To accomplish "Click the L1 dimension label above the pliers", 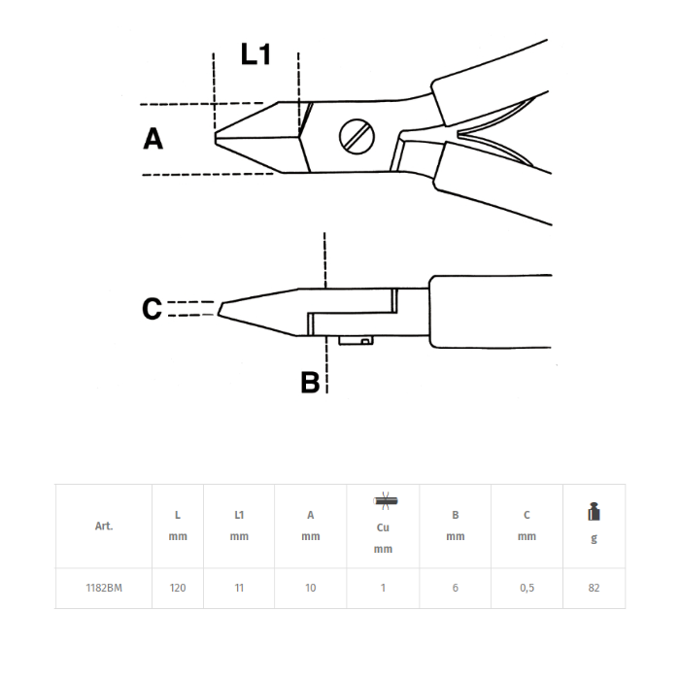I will click(255, 54).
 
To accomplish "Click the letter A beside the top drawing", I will click(153, 139).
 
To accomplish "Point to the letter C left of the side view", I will click(152, 309).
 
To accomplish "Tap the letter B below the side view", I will click(310, 383).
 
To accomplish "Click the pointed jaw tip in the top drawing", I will click(219, 138).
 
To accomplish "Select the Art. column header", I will click(104, 526).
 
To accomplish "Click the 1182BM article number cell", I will click(103, 588).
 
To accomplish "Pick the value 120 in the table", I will click(178, 588).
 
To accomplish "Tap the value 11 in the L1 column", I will click(239, 588).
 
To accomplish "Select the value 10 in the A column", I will click(311, 588).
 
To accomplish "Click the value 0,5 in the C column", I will click(527, 588).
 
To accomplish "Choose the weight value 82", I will click(595, 588).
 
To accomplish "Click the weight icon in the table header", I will click(595, 512).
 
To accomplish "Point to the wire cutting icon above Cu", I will click(383, 501).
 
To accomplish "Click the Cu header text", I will click(383, 526).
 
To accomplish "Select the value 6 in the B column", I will click(455, 588).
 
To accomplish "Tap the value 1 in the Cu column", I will click(383, 588).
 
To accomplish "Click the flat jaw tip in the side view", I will click(221, 310).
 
